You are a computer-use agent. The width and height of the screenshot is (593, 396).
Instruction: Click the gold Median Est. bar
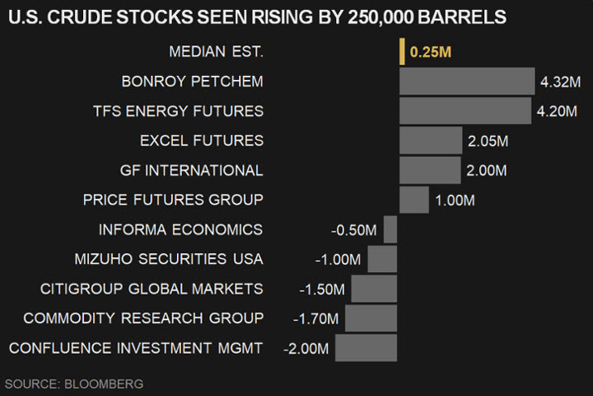pyautogui.click(x=402, y=51)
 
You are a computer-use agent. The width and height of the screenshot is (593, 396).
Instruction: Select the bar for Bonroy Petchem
pyautogui.click(x=467, y=81)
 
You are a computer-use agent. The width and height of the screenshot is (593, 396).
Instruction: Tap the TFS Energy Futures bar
pyautogui.click(x=465, y=111)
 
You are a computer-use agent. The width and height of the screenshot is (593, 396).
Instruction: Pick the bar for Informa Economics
pyautogui.click(x=390, y=229)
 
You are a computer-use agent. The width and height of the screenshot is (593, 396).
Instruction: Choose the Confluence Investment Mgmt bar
pyautogui.click(x=366, y=348)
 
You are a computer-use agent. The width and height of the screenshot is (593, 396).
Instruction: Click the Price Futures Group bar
pyautogui.click(x=414, y=200)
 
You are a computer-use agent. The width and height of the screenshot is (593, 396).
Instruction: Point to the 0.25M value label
pyautogui.click(x=431, y=52)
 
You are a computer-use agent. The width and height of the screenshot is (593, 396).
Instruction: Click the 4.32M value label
pyautogui.click(x=561, y=82)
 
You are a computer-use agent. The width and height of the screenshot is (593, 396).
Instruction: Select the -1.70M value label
pyautogui.click(x=315, y=318)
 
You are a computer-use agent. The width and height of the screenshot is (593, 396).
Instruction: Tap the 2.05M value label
pyautogui.click(x=488, y=141)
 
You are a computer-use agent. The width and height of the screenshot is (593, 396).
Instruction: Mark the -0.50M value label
pyautogui.click(x=354, y=229)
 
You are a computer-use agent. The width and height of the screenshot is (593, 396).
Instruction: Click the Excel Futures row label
pyautogui.click(x=202, y=140)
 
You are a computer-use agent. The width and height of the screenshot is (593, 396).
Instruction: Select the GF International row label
pyautogui.click(x=191, y=170)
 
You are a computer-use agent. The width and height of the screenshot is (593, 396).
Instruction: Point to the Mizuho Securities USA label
pyautogui.click(x=168, y=259)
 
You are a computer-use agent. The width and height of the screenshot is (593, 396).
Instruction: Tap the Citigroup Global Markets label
pyautogui.click(x=152, y=289)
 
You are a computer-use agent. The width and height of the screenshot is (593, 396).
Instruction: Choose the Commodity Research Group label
pyautogui.click(x=143, y=318)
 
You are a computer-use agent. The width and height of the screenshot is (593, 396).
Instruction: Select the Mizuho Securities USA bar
pyautogui.click(x=382, y=259)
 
